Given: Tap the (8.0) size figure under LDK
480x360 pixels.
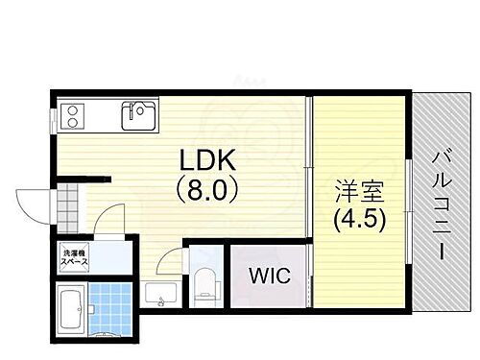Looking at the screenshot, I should [204, 190].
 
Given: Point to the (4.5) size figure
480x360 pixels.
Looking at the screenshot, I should [360, 219].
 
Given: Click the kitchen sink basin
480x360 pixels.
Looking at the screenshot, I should [137, 116].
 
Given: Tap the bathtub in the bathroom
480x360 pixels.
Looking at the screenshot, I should [72, 313].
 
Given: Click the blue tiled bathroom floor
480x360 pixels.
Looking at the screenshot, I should [111, 309].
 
